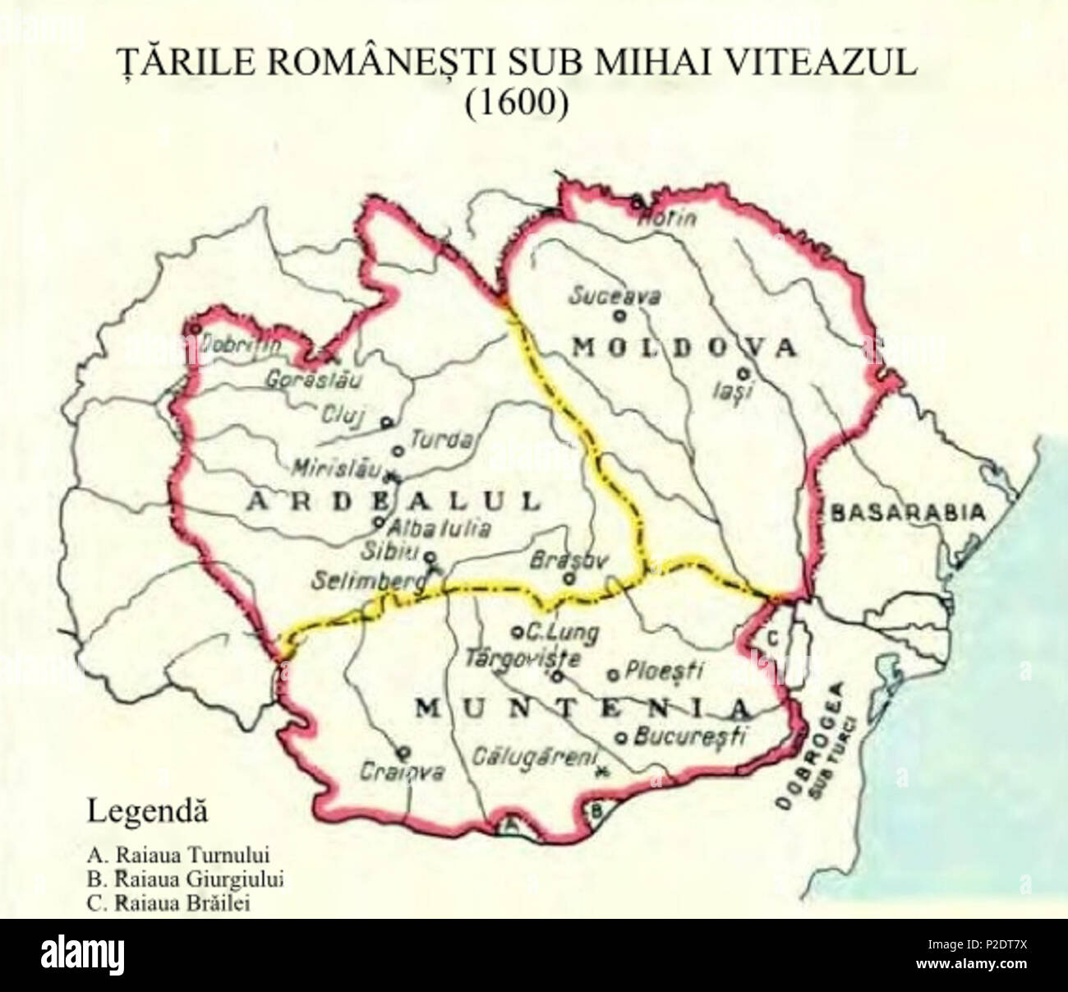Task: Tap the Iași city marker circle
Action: (743, 371)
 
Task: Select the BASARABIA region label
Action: (908, 513)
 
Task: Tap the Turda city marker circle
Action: (398, 450)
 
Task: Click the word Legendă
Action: (147, 812)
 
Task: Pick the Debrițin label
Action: (242, 346)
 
